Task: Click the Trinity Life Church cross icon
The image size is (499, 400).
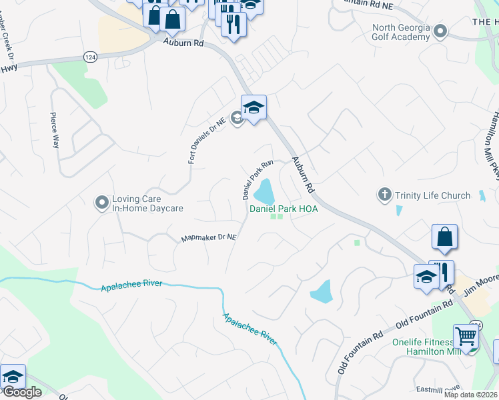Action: (x=384, y=195)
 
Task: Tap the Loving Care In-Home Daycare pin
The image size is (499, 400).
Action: (x=101, y=201)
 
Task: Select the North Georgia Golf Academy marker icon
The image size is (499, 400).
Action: (x=440, y=31)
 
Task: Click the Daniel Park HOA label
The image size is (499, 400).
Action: (x=284, y=209)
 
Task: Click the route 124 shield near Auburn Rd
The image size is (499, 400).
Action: (x=89, y=57)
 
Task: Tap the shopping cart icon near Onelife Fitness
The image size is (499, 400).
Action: (x=466, y=337)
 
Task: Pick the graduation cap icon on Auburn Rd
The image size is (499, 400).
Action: (x=254, y=108)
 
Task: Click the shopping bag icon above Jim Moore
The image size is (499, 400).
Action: (x=444, y=237)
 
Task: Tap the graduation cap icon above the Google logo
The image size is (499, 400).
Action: (x=13, y=376)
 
